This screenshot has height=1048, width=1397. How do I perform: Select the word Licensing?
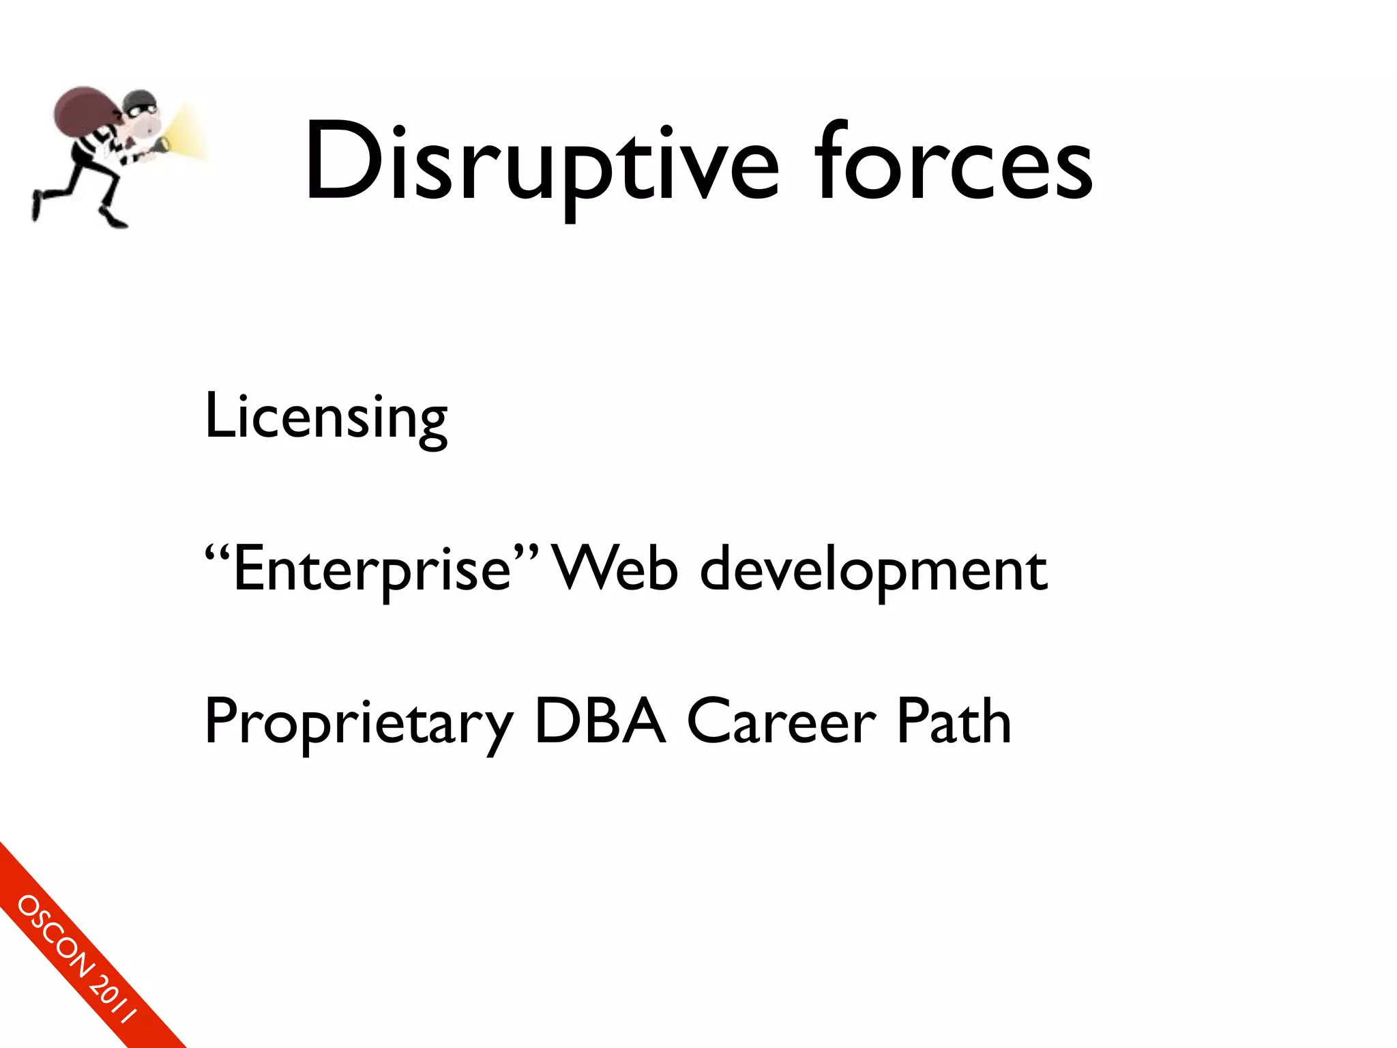(x=326, y=417)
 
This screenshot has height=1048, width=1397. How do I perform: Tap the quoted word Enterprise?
(x=372, y=570)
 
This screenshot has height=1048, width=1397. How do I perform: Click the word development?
(x=874, y=570)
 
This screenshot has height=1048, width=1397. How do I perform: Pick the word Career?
(x=781, y=722)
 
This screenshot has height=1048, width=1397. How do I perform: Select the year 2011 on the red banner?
(x=114, y=999)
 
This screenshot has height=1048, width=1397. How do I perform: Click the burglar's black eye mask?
(x=141, y=108)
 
